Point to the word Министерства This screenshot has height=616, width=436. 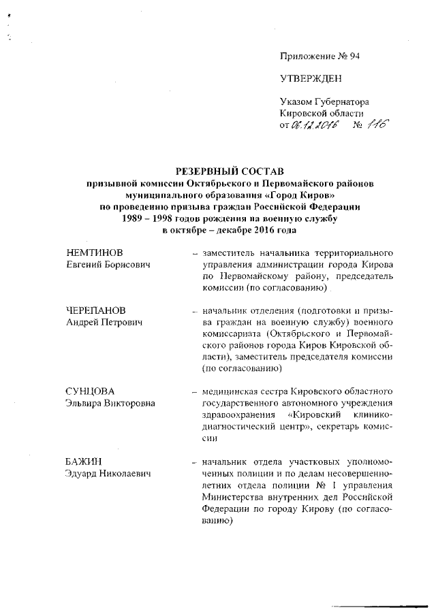tap(235, 498)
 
